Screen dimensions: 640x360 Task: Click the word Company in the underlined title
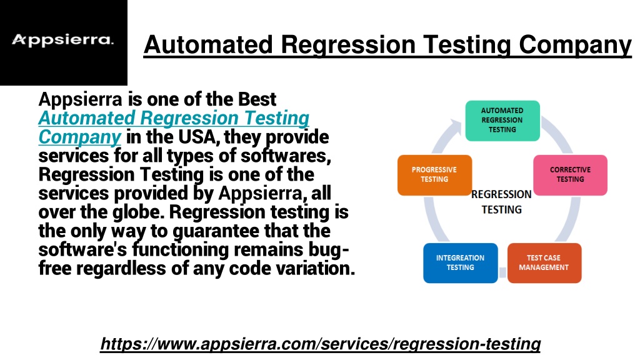pyautogui.click(x=575, y=45)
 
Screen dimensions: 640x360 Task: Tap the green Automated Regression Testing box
pyautogui.click(x=502, y=121)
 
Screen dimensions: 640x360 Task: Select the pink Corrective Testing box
pyautogui.click(x=570, y=175)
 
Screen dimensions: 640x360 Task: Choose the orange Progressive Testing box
pyautogui.click(x=434, y=175)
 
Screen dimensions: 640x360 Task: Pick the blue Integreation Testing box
pyautogui.click(x=461, y=263)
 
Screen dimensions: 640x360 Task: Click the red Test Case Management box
pyautogui.click(x=544, y=263)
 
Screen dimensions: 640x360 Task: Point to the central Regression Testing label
pyautogui.click(x=502, y=202)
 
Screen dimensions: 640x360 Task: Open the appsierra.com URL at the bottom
pyautogui.click(x=321, y=344)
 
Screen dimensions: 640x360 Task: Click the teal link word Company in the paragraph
pyautogui.click(x=79, y=137)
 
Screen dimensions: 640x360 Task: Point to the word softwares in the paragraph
pyautogui.click(x=286, y=156)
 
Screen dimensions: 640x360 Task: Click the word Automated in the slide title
pyautogui.click(x=208, y=44)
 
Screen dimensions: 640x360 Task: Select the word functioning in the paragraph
pyautogui.click(x=181, y=250)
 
